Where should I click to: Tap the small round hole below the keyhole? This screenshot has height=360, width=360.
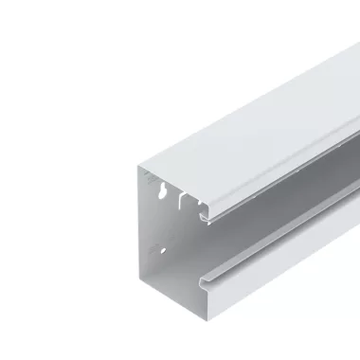[x=163, y=251]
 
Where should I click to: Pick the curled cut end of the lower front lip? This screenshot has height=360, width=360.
[x=203, y=281]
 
